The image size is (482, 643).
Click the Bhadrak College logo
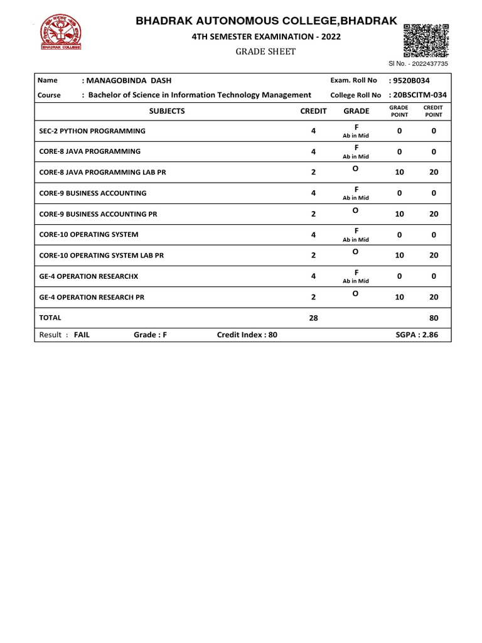coord(61,33)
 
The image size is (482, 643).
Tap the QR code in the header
coord(426,40)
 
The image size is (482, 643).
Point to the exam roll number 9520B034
coord(409,80)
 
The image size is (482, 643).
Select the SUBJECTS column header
coord(167,111)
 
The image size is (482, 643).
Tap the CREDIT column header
coord(313,111)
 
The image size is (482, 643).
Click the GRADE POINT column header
coord(399,111)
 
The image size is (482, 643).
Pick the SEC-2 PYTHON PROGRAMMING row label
coord(92,131)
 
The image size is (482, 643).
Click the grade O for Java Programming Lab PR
coord(355,169)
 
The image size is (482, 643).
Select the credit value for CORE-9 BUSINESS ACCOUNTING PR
coord(313,214)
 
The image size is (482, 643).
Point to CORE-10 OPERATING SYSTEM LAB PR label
coord(102,256)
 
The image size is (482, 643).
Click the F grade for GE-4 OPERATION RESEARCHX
coord(356,273)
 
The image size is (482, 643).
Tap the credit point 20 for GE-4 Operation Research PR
coord(434,297)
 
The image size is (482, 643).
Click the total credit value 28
coord(313,318)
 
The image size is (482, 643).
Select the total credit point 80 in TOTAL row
coord(434,318)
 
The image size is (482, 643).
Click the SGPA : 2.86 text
coord(417,335)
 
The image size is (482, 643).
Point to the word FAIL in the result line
coord(82,335)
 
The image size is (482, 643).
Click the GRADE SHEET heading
coord(265,51)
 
